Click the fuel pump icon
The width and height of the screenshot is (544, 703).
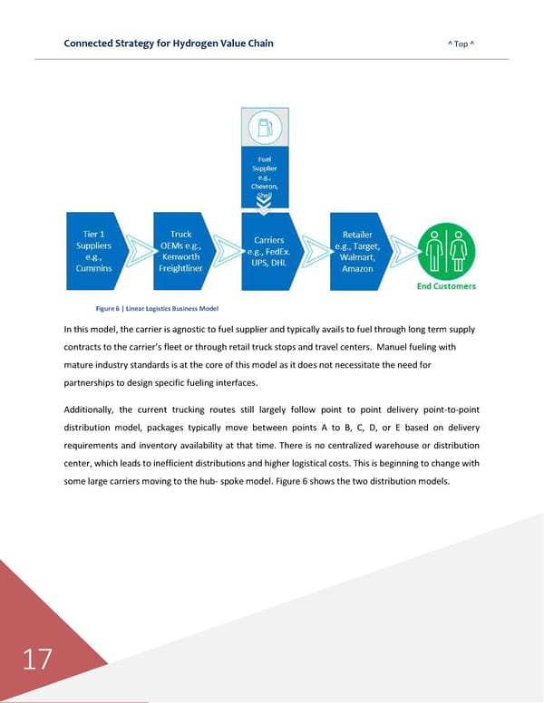[x=266, y=128]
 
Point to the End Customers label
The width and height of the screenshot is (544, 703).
[x=446, y=286]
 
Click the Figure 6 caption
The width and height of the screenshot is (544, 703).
[x=150, y=310]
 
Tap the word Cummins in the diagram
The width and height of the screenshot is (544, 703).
[x=92, y=268]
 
